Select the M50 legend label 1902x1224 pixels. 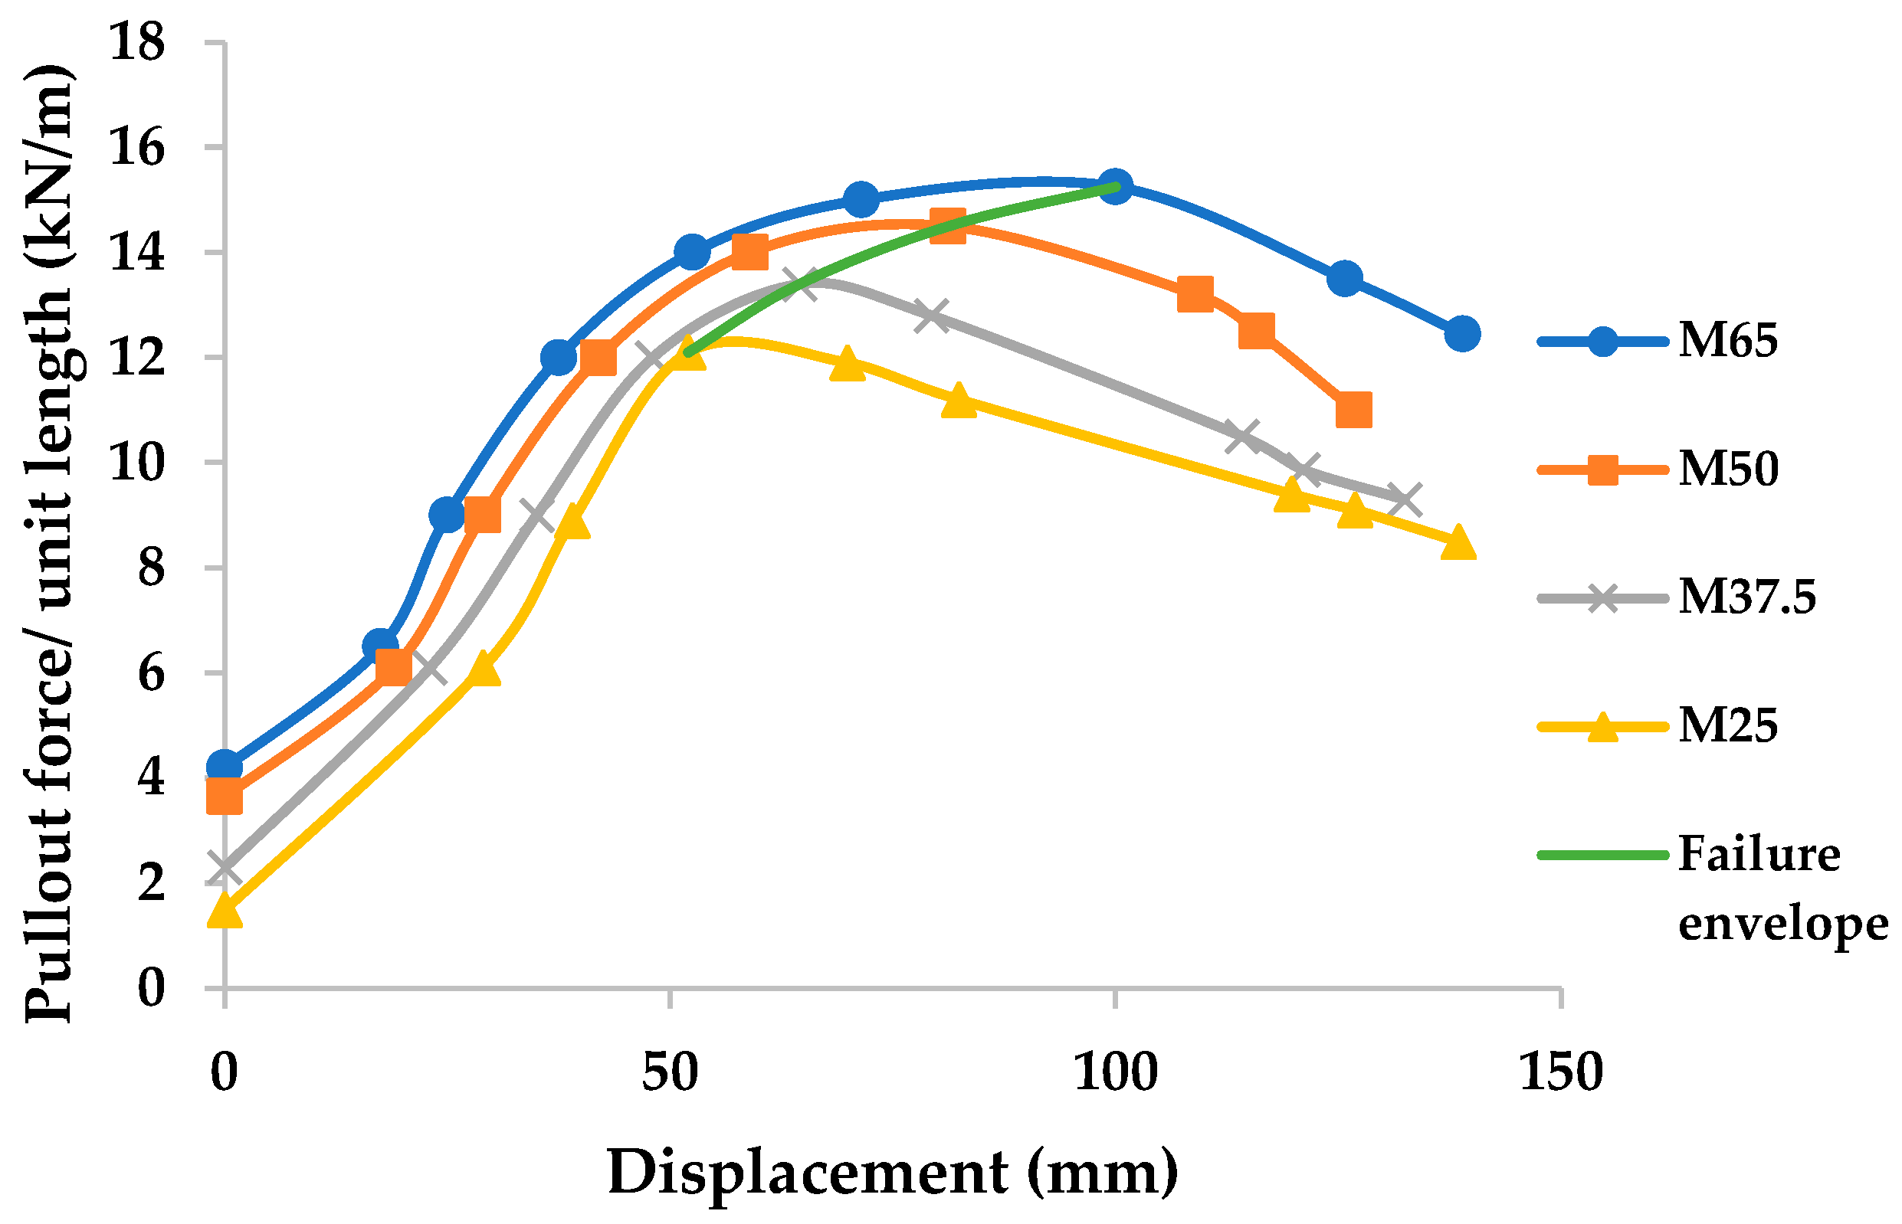point(1727,469)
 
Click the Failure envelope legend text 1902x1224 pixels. point(1781,889)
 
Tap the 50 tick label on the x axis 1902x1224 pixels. point(670,1072)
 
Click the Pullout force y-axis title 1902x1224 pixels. point(49,544)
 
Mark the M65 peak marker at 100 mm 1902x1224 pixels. point(1115,186)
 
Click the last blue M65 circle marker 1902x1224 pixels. point(1461,334)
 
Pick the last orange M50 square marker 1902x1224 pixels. point(1353,411)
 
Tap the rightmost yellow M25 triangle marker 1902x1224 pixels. point(1458,545)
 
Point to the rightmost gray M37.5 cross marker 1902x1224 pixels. point(1404,499)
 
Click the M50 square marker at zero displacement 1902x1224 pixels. point(225,796)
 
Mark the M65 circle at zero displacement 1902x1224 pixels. point(225,767)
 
